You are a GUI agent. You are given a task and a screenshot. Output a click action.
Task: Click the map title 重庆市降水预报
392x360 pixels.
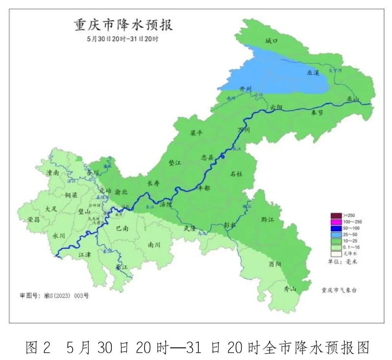123,25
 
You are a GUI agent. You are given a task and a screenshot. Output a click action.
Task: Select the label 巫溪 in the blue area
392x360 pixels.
313,72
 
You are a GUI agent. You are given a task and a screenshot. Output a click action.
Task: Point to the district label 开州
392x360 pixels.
245,89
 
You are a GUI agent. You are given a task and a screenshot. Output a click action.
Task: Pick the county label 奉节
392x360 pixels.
317,112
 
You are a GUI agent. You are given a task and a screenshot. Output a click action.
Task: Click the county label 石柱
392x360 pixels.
236,174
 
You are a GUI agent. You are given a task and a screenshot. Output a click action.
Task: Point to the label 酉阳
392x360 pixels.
274,264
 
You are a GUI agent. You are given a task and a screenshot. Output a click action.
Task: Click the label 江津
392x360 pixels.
84,254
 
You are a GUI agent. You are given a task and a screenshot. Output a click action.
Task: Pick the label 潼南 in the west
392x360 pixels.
52,173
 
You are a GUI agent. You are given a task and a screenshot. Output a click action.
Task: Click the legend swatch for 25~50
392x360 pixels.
336,234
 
